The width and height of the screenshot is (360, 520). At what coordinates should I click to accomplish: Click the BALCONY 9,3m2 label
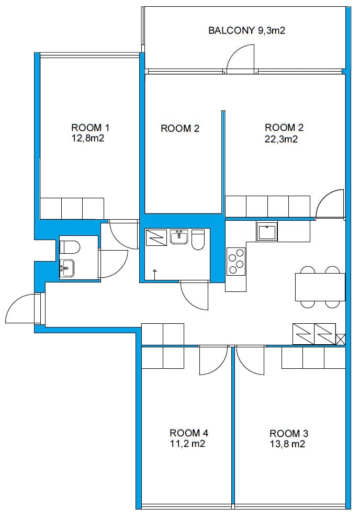pyautogui.click(x=246, y=30)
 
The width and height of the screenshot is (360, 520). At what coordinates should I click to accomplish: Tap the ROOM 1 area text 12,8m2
pyautogui.click(x=88, y=138)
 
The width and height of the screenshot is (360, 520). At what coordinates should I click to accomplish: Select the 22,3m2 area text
pyautogui.click(x=281, y=139)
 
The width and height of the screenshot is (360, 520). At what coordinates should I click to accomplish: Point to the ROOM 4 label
pyautogui.click(x=189, y=433)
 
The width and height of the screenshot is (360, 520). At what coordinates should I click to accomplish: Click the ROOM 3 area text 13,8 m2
pyautogui.click(x=287, y=444)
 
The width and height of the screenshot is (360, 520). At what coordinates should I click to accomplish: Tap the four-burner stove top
pyautogui.click(x=236, y=262)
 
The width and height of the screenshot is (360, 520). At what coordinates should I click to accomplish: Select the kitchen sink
pyautogui.click(x=267, y=231)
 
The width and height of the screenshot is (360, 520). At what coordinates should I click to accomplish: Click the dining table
pyautogui.click(x=320, y=287)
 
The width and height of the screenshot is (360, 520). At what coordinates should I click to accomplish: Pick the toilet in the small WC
pyautogui.click(x=70, y=247)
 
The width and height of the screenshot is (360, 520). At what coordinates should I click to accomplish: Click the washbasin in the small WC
pyautogui.click(x=67, y=268)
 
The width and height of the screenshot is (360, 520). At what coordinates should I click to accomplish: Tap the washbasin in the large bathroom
pyautogui.click(x=179, y=237)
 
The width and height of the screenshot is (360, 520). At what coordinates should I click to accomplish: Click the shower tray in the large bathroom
pyautogui.click(x=156, y=238)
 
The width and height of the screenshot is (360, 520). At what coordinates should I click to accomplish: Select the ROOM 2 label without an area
pyautogui.click(x=180, y=128)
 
